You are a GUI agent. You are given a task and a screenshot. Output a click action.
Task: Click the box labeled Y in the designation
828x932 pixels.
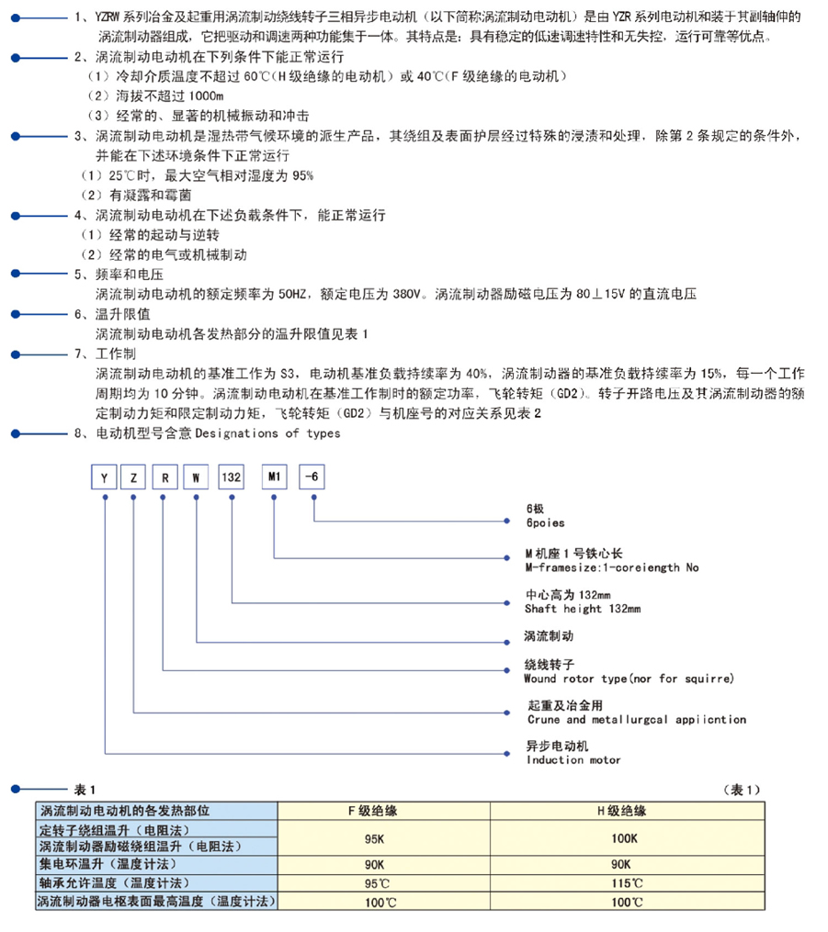click(107, 477)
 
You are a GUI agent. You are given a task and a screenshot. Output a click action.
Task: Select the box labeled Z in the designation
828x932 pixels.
click(134, 477)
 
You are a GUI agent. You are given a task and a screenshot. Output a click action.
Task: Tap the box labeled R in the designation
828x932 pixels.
click(164, 477)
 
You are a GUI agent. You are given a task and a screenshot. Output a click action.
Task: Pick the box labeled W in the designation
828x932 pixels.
click(196, 477)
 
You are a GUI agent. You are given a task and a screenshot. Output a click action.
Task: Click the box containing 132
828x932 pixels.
click(231, 477)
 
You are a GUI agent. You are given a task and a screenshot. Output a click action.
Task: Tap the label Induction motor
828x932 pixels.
click(573, 759)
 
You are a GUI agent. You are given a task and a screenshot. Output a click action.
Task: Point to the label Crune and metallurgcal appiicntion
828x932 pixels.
click(636, 720)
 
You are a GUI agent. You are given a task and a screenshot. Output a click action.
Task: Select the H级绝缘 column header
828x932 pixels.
click(622, 811)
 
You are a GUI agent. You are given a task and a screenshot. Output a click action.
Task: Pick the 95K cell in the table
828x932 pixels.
click(374, 837)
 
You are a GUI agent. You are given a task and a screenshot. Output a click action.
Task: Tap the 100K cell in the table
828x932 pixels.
click(624, 837)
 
